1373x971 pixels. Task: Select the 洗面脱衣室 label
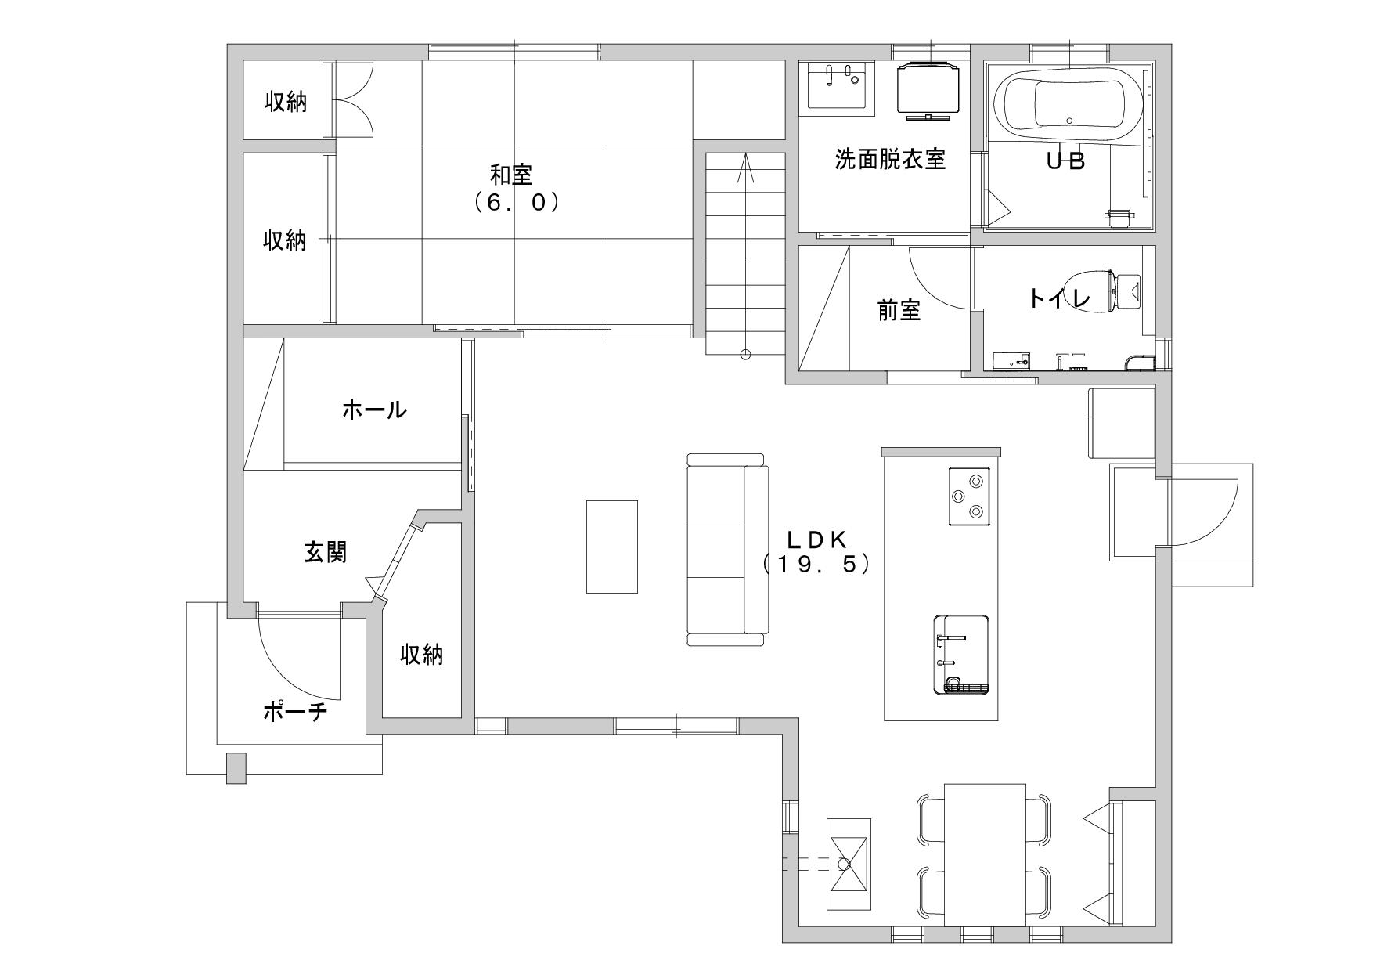(890, 160)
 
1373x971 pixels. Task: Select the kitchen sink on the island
(961, 655)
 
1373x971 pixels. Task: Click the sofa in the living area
(727, 550)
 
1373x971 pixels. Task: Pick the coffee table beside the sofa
(612, 547)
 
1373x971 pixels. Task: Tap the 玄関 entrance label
(325, 553)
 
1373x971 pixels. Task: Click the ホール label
(374, 409)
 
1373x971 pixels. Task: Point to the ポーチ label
(294, 712)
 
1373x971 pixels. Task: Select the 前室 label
(899, 311)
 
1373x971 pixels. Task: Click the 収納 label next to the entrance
(422, 654)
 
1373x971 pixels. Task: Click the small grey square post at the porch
(236, 767)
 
